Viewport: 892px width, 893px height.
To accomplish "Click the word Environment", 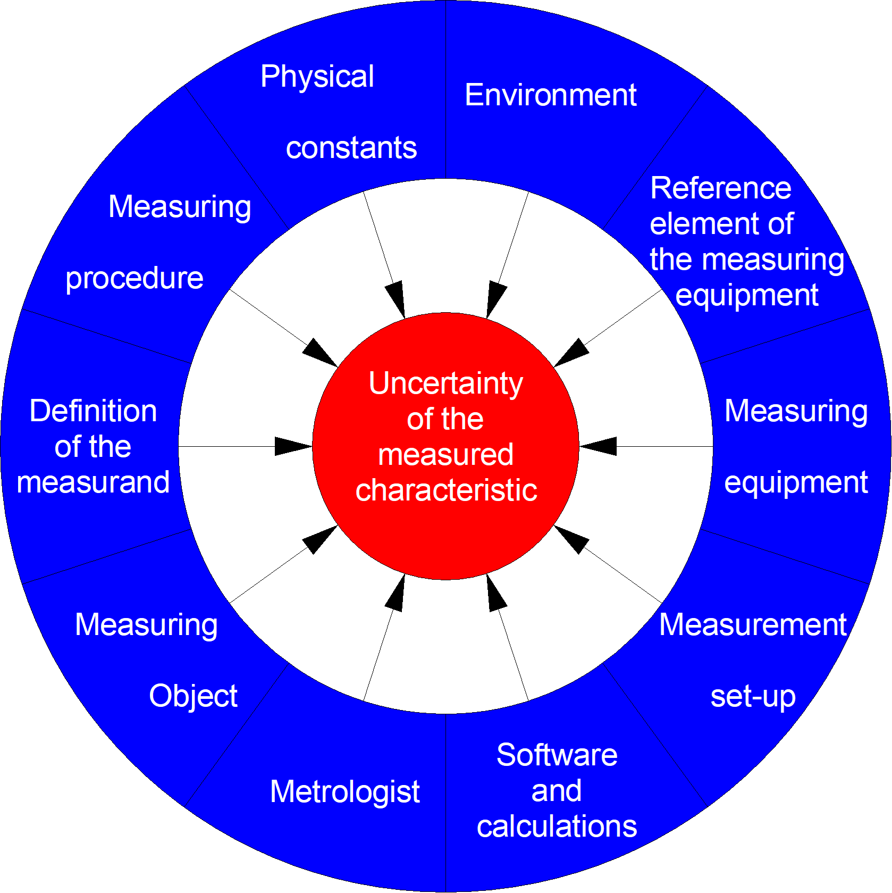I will tap(550, 95).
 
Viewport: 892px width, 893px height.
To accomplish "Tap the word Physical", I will tap(317, 77).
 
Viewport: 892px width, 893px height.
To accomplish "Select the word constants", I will tap(351, 148).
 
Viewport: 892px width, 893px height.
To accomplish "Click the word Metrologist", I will tap(344, 791).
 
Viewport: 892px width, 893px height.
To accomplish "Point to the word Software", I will tap(557, 755).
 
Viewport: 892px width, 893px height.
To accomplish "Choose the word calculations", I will tap(557, 827).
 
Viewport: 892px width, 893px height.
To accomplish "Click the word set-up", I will tap(753, 696).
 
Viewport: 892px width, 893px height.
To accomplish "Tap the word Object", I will tap(193, 696).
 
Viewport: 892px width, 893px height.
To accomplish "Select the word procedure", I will tap(134, 278).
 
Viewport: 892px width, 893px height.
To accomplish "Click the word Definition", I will tap(93, 411).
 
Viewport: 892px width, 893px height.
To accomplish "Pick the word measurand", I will tap(93, 482).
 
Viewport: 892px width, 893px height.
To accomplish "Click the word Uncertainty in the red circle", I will tap(445, 383).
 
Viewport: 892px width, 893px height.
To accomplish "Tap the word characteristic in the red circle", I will tap(445, 490).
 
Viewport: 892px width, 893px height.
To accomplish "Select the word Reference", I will tap(720, 188).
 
